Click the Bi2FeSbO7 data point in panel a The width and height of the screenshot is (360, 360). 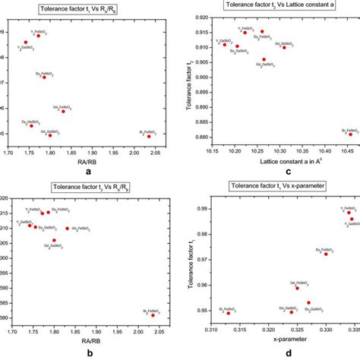click(x=149, y=135)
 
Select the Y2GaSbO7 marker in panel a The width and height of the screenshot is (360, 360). click(x=26, y=43)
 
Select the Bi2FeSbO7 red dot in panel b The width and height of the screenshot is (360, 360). click(x=153, y=314)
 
